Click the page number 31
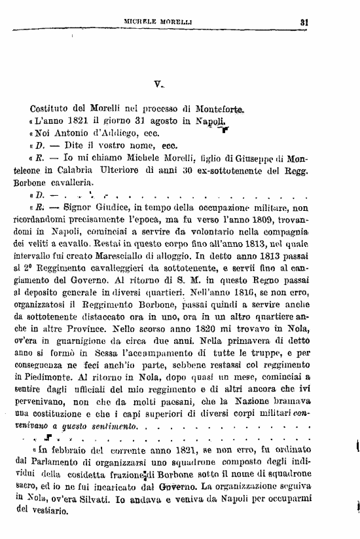(304, 21)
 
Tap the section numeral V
(158, 84)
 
